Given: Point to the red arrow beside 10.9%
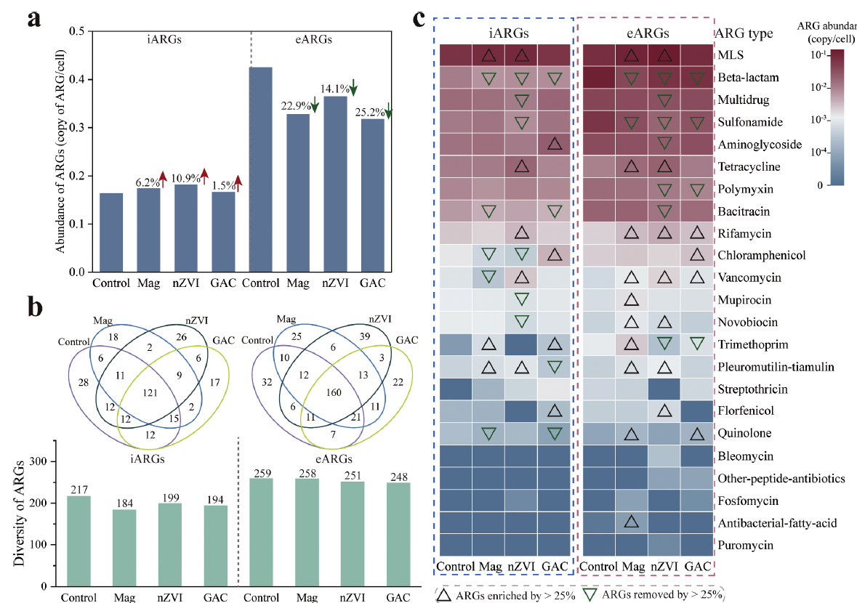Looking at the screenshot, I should pos(205,175).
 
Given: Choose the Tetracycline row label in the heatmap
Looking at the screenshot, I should pos(749,166).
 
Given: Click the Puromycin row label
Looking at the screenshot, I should pos(744,544).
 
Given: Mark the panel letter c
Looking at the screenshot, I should pos(419,17).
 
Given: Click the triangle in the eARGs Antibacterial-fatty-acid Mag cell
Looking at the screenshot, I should pos(632,521).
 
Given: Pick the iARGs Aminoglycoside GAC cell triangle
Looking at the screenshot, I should pos(554,144).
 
